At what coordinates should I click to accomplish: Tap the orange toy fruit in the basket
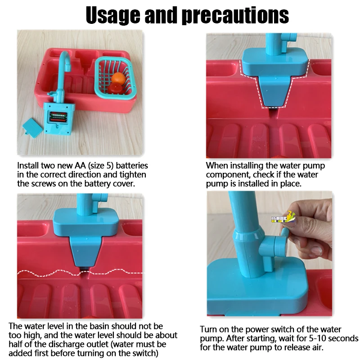point(119,79)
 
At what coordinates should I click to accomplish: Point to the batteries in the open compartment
point(58,117)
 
